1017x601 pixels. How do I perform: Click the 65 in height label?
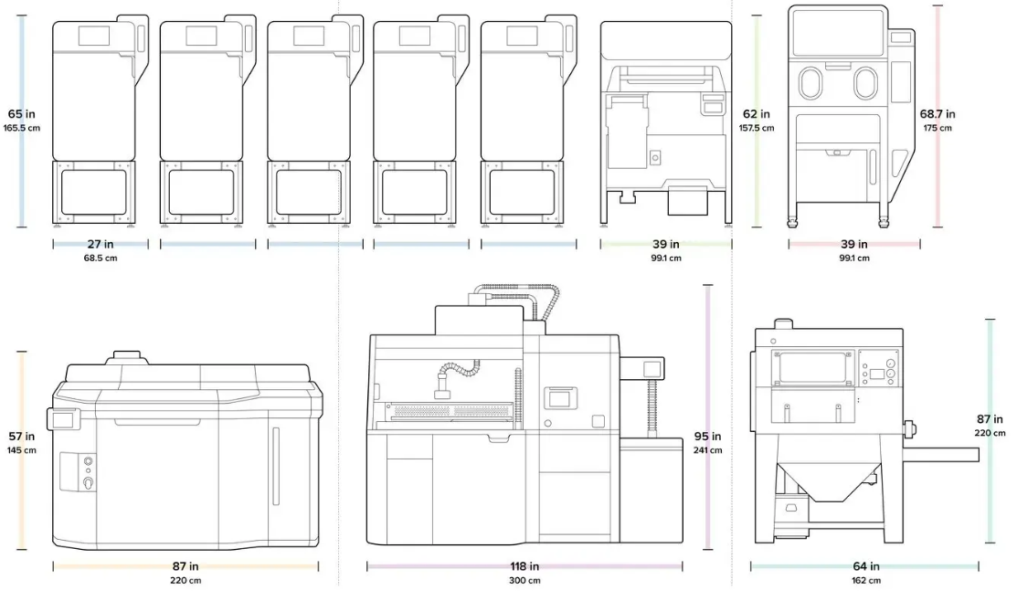click(x=21, y=114)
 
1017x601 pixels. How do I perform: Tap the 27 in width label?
click(x=101, y=245)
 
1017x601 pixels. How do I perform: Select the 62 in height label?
click(x=757, y=114)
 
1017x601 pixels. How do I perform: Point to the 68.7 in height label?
click(x=938, y=114)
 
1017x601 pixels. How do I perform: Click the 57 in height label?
click(x=21, y=437)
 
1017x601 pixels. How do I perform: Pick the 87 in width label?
click(x=185, y=566)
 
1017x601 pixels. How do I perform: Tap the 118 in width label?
click(x=524, y=566)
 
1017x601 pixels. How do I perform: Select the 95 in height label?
click(x=707, y=437)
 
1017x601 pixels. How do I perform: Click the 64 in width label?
click(x=866, y=566)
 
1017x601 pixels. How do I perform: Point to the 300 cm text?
click(x=524, y=580)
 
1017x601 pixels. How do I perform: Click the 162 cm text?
click(x=866, y=580)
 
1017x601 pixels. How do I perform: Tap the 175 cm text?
click(x=938, y=128)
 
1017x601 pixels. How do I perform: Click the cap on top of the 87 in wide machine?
click(x=127, y=357)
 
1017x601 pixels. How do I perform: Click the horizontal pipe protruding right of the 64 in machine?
click(x=940, y=454)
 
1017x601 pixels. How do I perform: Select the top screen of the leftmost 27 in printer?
click(x=94, y=36)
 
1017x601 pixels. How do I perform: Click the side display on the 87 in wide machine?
click(x=63, y=419)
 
